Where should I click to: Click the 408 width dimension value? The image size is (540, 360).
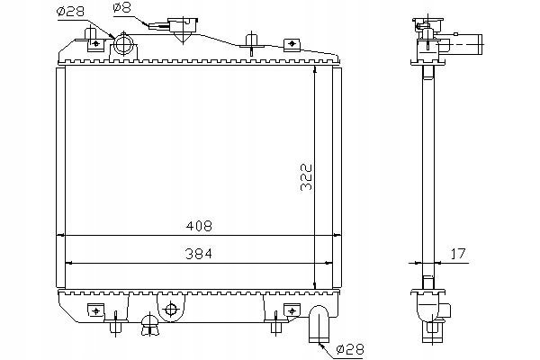click(x=199, y=226)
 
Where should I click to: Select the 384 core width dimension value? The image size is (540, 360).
click(x=199, y=254)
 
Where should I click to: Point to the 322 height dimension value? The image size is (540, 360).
click(x=306, y=177)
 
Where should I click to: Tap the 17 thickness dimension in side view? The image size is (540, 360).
click(x=458, y=254)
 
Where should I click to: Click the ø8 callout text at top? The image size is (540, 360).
click(x=121, y=7)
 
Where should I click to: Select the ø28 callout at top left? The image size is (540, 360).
click(x=70, y=12)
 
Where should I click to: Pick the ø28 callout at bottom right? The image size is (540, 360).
click(x=349, y=349)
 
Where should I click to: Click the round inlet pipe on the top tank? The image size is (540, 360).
click(x=123, y=44)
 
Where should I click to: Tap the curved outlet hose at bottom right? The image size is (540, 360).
click(x=319, y=324)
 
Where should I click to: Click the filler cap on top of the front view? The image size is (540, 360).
click(x=183, y=27)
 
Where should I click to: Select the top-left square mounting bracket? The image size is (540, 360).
click(x=95, y=44)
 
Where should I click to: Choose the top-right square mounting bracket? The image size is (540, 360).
click(x=292, y=44)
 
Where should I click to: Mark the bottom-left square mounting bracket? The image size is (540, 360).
click(x=95, y=310)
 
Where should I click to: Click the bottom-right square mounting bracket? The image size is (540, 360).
click(x=292, y=310)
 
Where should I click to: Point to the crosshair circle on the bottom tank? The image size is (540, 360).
click(x=171, y=309)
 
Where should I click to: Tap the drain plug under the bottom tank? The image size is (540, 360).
click(x=150, y=324)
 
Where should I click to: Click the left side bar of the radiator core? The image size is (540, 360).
click(x=60, y=178)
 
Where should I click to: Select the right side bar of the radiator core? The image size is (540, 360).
click(x=337, y=178)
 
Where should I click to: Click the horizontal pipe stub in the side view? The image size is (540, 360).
click(x=465, y=44)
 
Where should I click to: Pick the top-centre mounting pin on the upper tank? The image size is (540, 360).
click(x=252, y=43)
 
